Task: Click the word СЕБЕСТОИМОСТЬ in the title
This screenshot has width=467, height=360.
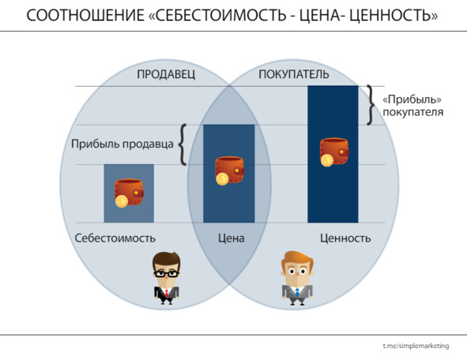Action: click(x=220, y=16)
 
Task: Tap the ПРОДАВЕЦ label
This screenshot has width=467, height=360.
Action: click(x=166, y=74)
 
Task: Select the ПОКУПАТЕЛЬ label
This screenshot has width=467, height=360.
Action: click(x=294, y=74)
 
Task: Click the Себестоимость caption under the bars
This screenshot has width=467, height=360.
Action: click(x=115, y=238)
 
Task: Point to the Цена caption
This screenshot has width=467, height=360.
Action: click(x=231, y=238)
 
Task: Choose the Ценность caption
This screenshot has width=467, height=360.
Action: click(x=345, y=238)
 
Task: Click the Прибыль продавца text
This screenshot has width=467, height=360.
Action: click(x=122, y=144)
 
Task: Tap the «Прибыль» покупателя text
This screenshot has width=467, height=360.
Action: click(x=412, y=106)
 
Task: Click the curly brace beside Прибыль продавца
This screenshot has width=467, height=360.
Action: click(x=183, y=144)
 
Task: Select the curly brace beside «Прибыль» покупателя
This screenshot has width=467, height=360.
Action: click(x=371, y=105)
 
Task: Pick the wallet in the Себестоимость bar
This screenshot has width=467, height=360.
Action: click(x=129, y=193)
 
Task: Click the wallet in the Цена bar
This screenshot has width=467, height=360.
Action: click(x=229, y=171)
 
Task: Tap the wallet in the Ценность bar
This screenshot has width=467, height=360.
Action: click(x=334, y=152)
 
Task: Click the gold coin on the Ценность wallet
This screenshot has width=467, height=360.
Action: click(x=326, y=161)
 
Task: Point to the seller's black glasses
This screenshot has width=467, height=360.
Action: click(x=166, y=274)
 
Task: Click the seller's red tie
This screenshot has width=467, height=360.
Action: click(x=167, y=293)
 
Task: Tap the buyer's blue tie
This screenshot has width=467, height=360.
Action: click(x=297, y=292)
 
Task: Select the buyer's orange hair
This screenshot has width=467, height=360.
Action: click(x=297, y=259)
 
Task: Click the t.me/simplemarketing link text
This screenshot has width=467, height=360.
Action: click(x=416, y=346)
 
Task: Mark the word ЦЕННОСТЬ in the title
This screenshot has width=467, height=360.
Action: click(x=394, y=16)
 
